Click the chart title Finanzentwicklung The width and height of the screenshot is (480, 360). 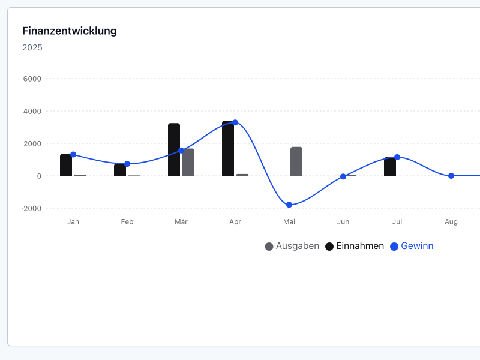coord(70,31)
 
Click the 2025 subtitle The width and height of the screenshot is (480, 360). coord(32,47)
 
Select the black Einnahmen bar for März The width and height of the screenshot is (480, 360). coord(174,149)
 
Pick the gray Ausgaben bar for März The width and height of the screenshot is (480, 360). coord(188,162)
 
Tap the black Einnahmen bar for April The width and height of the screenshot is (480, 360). coord(227,149)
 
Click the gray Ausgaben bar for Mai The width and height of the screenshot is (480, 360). coord(296,161)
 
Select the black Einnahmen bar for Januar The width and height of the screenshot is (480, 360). coord(66,165)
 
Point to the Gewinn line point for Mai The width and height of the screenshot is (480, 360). coord(289,205)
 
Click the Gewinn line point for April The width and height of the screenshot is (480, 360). coord(235,122)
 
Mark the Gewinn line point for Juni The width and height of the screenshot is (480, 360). coord(343,176)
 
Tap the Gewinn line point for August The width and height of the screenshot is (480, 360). coord(451,176)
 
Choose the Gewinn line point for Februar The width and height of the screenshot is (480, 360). coord(127,164)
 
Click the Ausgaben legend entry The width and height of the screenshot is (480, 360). coord(292,246)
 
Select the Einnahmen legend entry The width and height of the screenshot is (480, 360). coord(355,246)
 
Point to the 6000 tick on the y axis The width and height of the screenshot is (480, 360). coord(32,79)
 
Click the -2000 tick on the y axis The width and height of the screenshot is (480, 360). coord(32,208)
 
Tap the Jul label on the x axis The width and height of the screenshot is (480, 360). coord(397,221)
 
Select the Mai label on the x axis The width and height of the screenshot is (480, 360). coord(289,221)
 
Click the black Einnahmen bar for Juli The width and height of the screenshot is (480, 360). coord(390,167)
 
